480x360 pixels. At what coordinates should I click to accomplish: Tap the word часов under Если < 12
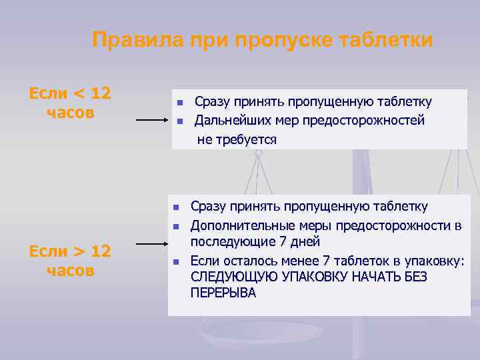click(x=71, y=112)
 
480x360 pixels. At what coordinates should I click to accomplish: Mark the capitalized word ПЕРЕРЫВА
click(x=223, y=293)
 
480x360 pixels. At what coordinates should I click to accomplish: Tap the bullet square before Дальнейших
click(x=179, y=121)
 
